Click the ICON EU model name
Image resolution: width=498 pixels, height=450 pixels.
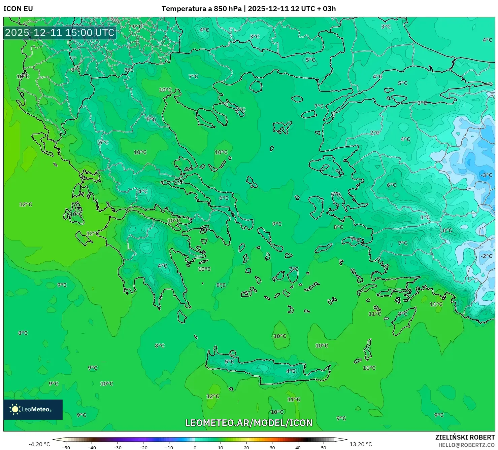pyautogui.click(x=18, y=9)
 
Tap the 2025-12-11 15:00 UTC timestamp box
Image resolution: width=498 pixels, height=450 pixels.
pyautogui.click(x=60, y=33)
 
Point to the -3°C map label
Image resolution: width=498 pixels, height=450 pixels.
pyautogui.click(x=486, y=175)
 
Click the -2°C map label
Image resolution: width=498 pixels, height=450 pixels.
pyautogui.click(x=486, y=256)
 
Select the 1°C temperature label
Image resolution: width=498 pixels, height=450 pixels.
pyautogui.click(x=425, y=218)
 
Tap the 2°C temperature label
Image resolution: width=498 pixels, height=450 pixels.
pyautogui.click(x=374, y=133)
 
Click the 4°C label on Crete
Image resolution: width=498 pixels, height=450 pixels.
pyautogui.click(x=291, y=371)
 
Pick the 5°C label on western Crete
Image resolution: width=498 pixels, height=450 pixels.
pyautogui.click(x=229, y=362)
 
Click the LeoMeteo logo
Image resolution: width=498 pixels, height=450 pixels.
pyautogui.click(x=33, y=409)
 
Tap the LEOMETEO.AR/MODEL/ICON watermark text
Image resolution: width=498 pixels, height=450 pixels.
pyautogui.click(x=249, y=423)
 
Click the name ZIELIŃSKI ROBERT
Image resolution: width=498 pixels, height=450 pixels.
pyautogui.click(x=465, y=437)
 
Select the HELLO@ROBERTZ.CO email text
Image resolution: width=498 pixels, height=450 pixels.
pyautogui.click(x=466, y=445)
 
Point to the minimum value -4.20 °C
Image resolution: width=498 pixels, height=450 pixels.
pyautogui.click(x=39, y=444)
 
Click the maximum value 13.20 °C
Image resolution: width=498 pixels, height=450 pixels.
pyautogui.click(x=361, y=444)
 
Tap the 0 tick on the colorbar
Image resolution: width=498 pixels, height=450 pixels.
pyautogui.click(x=195, y=447)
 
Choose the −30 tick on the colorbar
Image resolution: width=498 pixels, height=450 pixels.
pyautogui.click(x=117, y=447)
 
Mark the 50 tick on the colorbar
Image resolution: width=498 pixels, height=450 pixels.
pyautogui.click(x=324, y=447)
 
